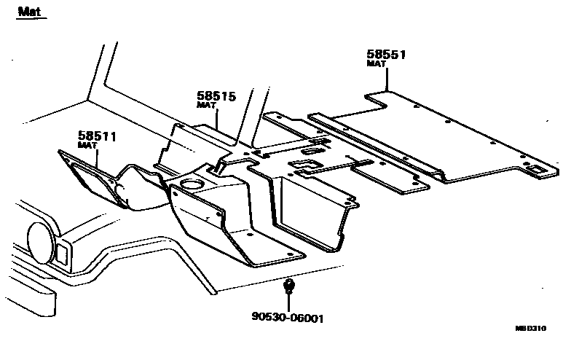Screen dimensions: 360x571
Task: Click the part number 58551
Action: (x=386, y=55)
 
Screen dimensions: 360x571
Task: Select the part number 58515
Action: (x=216, y=96)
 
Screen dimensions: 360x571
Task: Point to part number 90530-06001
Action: (x=288, y=318)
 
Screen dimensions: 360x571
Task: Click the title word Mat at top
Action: (x=28, y=11)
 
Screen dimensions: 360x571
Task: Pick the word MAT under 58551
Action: (x=376, y=64)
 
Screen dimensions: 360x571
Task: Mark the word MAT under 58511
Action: (x=87, y=146)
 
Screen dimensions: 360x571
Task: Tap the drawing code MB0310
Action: (x=541, y=329)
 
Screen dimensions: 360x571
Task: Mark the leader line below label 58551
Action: (x=386, y=79)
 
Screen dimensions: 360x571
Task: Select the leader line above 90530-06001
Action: (x=289, y=302)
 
